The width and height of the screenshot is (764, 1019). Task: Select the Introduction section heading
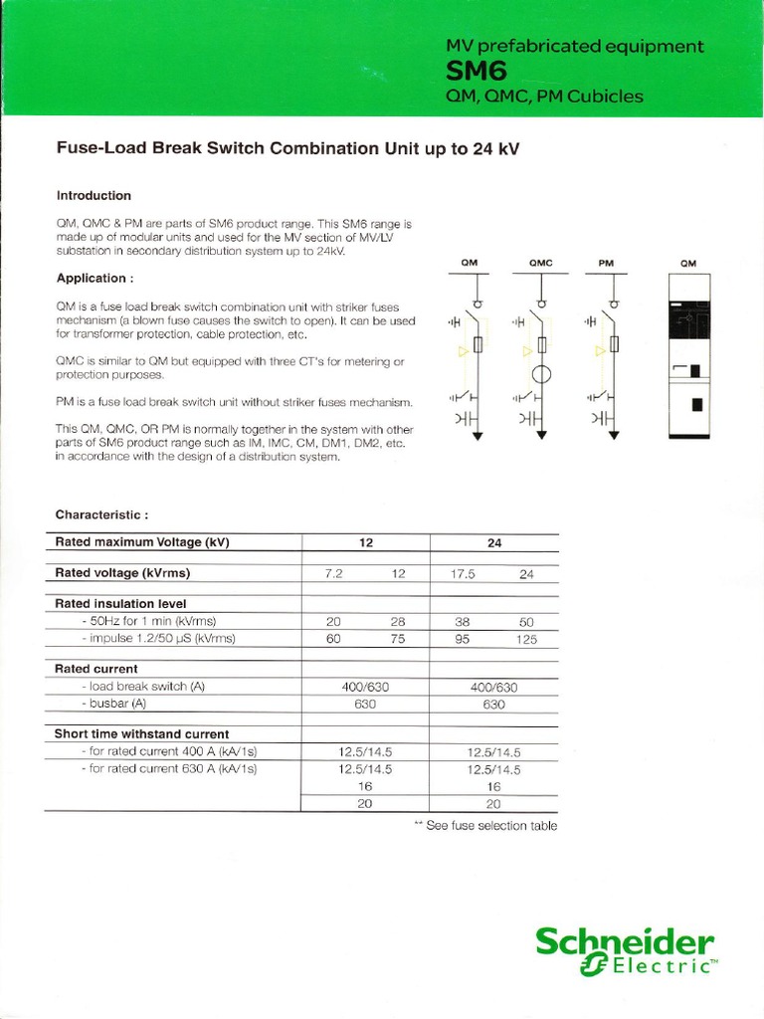tap(94, 196)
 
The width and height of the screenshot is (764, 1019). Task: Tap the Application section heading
tap(94, 279)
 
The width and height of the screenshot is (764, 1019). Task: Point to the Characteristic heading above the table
tap(101, 514)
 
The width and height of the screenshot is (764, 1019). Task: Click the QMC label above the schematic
tap(540, 264)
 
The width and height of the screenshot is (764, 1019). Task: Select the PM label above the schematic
tap(606, 264)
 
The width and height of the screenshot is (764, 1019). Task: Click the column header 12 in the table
tap(365, 543)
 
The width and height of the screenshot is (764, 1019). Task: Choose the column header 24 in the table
tap(493, 543)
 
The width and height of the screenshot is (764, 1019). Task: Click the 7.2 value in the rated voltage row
tap(333, 574)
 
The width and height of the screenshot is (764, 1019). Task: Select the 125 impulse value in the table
tap(526, 640)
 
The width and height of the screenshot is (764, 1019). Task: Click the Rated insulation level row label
tap(120, 603)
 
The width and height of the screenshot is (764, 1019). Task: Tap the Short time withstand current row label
tap(141, 734)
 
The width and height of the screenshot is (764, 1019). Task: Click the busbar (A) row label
tap(114, 704)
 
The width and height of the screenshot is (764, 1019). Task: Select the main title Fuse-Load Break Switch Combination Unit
tap(287, 149)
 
